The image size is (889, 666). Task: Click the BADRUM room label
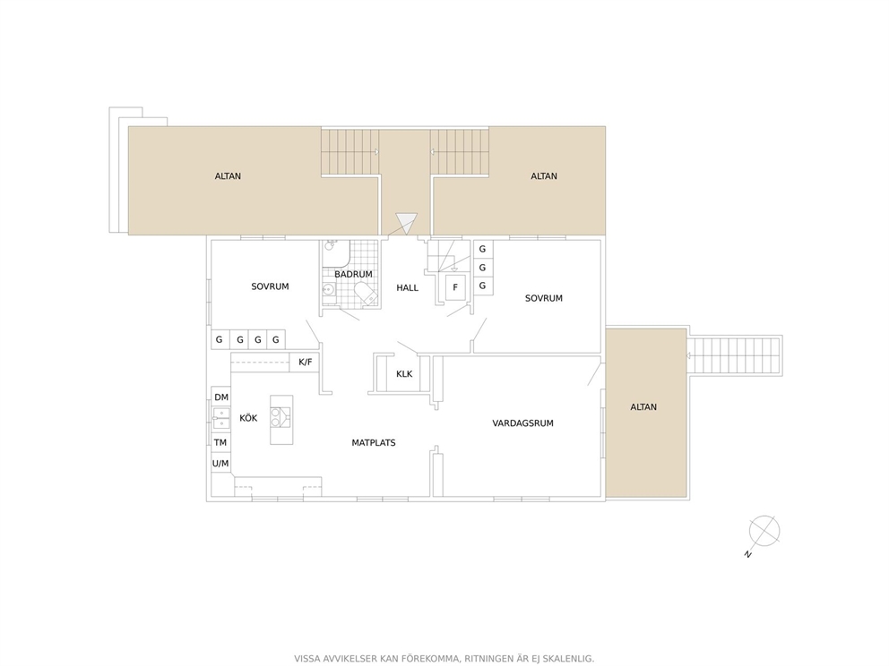tap(353, 274)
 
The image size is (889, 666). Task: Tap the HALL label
tap(407, 287)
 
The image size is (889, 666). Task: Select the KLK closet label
tap(404, 374)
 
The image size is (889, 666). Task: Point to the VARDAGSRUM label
tap(522, 423)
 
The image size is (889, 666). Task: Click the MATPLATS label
tap(374, 443)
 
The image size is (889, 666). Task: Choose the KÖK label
tap(248, 418)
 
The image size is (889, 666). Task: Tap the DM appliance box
tap(221, 397)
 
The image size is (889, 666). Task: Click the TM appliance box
tap(220, 442)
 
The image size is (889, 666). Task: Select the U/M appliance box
tap(220, 464)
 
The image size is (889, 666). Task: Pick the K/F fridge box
tap(305, 362)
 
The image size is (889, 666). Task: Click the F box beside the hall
tap(455, 287)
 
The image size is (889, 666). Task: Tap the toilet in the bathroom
tap(365, 294)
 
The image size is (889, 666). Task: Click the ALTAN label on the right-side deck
tap(643, 407)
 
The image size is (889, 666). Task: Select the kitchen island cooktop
tap(275, 417)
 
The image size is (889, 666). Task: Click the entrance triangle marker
tap(407, 221)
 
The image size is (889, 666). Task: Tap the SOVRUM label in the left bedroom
tap(270, 286)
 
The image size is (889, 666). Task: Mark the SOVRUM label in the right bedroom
tap(544, 298)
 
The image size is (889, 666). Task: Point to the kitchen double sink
tap(221, 419)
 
